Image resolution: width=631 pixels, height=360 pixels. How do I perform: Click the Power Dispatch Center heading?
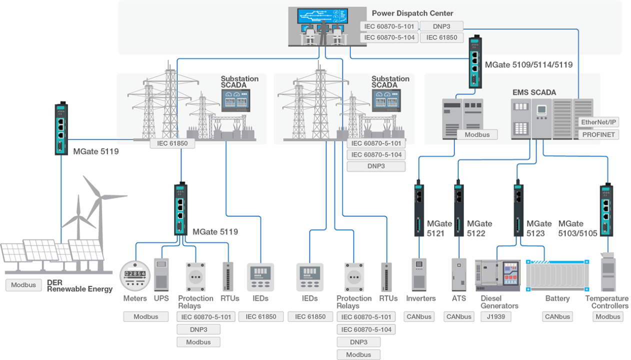point(412,13)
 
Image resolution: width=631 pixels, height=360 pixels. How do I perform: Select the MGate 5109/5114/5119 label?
point(528,64)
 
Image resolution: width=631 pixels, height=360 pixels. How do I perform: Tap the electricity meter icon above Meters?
point(134,275)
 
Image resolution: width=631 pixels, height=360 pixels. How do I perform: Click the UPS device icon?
point(161,274)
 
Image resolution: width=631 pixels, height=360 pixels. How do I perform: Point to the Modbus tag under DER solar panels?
point(23,285)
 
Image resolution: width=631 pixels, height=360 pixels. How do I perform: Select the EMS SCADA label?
point(534,92)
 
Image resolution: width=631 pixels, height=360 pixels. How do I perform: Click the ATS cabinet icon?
point(458,274)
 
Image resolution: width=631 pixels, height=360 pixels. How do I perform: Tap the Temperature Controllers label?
point(606,302)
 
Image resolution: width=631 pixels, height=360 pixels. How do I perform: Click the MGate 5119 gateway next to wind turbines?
point(61,129)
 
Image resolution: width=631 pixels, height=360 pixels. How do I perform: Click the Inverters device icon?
point(419,274)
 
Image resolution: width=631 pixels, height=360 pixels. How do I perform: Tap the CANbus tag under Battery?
point(557,316)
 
